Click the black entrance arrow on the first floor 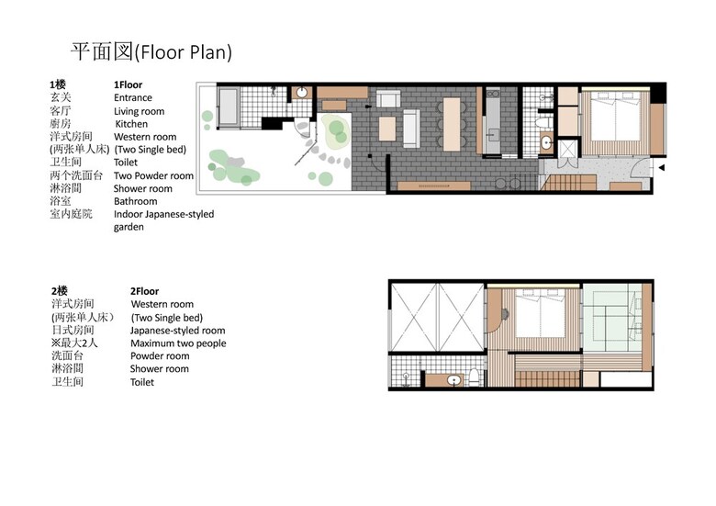click(x=661, y=168)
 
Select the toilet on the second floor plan click(x=474, y=377)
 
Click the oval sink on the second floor click(x=453, y=380)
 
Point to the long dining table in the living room click(x=452, y=124)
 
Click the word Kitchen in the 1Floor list click(x=131, y=124)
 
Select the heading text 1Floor click(x=128, y=84)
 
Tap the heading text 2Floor click(x=144, y=291)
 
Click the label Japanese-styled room click(x=178, y=331)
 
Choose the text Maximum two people click(x=178, y=343)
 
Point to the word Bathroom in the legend click(x=135, y=201)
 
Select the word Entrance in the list click(x=133, y=97)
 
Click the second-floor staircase click(x=548, y=378)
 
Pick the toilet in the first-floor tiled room click(x=543, y=122)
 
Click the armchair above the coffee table click(x=388, y=98)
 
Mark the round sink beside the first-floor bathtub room click(x=301, y=93)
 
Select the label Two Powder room click(x=153, y=175)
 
